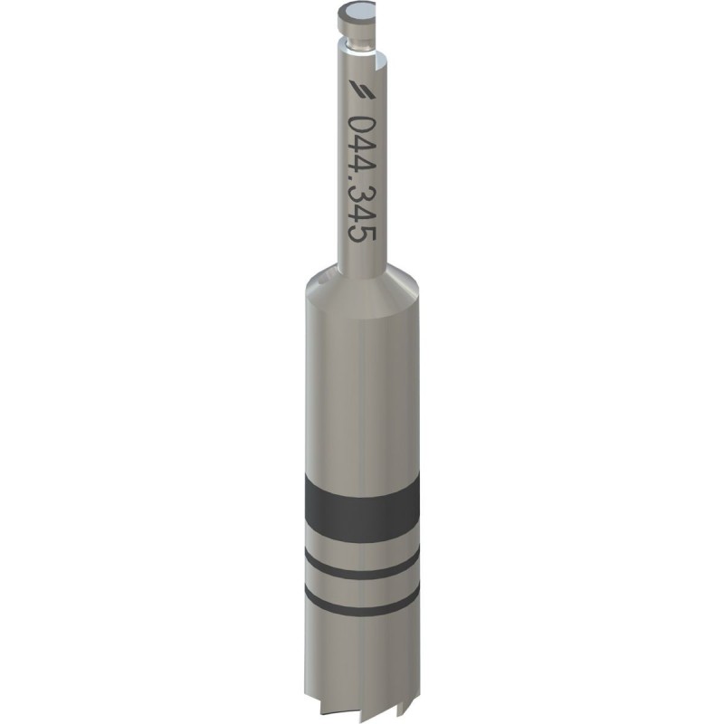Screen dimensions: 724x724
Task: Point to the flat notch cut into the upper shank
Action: click(380, 63)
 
